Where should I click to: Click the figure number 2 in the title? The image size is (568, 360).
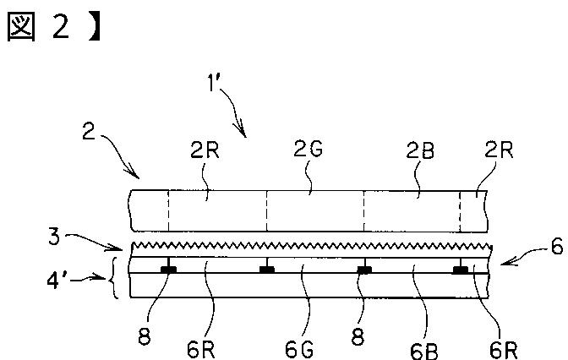point(61,27)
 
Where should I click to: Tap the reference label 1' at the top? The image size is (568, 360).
point(214,85)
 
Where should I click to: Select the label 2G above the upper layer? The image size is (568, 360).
point(308,149)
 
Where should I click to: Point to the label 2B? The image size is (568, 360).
point(420,150)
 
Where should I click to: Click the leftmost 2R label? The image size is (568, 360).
point(205,150)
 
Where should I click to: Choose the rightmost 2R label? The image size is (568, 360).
point(499,150)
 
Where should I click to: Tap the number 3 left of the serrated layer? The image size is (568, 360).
point(54,237)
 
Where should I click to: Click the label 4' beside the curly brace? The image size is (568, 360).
point(54,280)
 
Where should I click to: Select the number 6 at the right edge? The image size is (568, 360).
point(557,246)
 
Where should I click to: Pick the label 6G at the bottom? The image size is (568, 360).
point(299,350)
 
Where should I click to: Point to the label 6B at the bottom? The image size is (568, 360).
point(424,351)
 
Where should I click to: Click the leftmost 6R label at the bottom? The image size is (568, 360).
point(201,350)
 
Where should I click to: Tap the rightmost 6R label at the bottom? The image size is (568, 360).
point(504,350)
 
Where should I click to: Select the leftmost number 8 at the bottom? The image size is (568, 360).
point(145,337)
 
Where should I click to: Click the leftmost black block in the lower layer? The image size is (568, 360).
point(168,270)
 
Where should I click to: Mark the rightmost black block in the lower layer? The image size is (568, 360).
point(461,270)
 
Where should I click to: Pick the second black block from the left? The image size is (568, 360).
point(267,270)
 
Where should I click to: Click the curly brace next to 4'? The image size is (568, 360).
point(113,278)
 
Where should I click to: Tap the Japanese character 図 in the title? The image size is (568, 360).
point(21,28)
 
